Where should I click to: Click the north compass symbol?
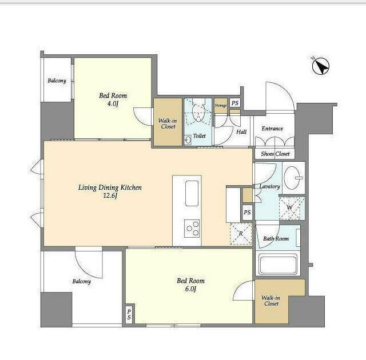(x=320, y=66)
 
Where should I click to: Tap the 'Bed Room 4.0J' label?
(x=113, y=99)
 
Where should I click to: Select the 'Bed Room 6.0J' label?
(x=190, y=285)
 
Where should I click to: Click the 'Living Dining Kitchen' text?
(x=110, y=187)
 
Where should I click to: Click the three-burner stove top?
(x=192, y=228)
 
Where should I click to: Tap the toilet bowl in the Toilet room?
(x=198, y=112)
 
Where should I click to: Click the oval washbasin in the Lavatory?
(x=292, y=178)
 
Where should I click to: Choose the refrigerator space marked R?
(x=241, y=234)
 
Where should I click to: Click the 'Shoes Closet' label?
(x=275, y=154)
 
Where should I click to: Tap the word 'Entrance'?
(x=272, y=129)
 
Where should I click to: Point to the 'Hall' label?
(x=241, y=132)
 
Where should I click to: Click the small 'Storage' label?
(x=221, y=105)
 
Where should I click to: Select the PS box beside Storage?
(x=235, y=103)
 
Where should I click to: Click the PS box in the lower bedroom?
(x=129, y=314)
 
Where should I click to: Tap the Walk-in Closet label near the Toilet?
(x=168, y=123)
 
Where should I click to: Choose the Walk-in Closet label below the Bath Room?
(x=271, y=301)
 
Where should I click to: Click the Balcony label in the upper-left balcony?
(x=57, y=81)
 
